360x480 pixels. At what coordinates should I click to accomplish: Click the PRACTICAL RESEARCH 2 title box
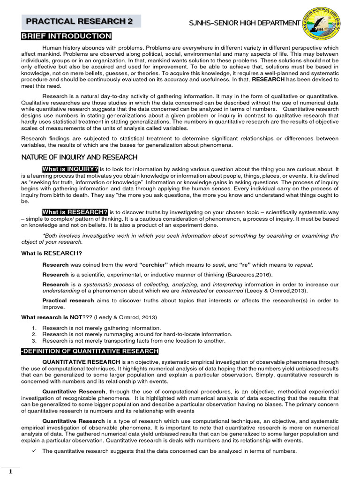[79, 22]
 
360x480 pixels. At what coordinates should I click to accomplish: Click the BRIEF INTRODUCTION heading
[66, 37]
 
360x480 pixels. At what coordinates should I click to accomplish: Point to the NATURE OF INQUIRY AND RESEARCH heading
[79, 157]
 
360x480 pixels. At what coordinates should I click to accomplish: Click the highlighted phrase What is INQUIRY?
[70, 169]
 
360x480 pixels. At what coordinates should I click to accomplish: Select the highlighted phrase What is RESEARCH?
[75, 212]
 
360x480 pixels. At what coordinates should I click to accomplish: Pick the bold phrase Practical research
[67, 300]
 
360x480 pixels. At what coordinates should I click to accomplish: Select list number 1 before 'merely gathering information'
[34, 328]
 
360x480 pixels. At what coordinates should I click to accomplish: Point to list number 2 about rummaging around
[34, 334]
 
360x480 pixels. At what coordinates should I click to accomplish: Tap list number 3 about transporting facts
[34, 341]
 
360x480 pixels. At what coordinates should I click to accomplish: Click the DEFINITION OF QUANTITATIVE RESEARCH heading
[90, 352]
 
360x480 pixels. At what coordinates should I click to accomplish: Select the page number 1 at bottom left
[10, 472]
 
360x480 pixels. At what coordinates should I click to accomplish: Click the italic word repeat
[303, 265]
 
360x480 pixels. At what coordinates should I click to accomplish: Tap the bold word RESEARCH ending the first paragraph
[269, 80]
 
